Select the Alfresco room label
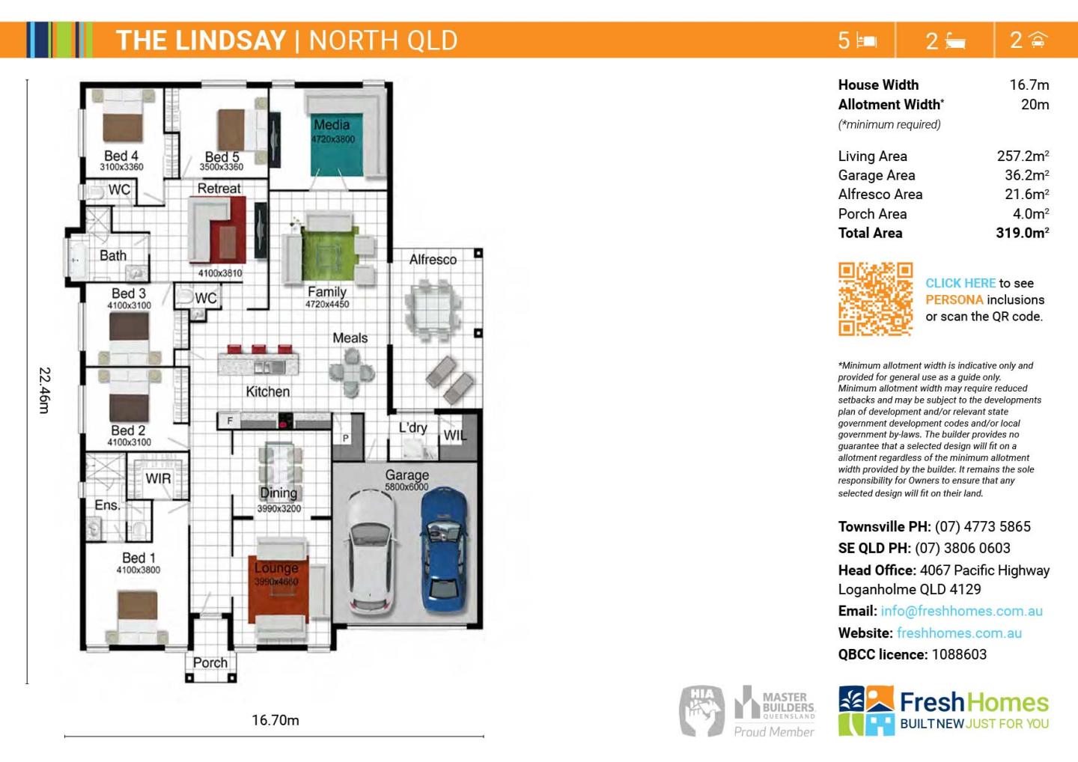click(x=433, y=260)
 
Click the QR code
click(x=875, y=299)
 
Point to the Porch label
click(x=210, y=662)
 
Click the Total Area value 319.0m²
click(x=1022, y=233)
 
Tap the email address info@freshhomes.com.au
click(x=961, y=611)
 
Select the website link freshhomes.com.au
click(x=959, y=633)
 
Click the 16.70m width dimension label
click(x=275, y=720)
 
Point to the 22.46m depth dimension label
click(x=44, y=389)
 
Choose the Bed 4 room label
click(x=121, y=156)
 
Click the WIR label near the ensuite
click(x=158, y=478)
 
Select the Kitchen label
click(x=267, y=391)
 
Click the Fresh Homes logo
click(x=943, y=710)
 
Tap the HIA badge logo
click(x=701, y=710)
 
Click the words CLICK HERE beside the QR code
click(x=960, y=283)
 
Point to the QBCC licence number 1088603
click(x=959, y=654)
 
